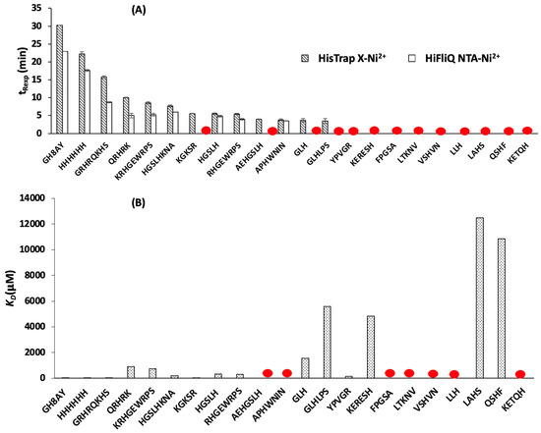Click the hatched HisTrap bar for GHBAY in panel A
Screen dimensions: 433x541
tap(59, 80)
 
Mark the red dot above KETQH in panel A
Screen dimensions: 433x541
tap(527, 131)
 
